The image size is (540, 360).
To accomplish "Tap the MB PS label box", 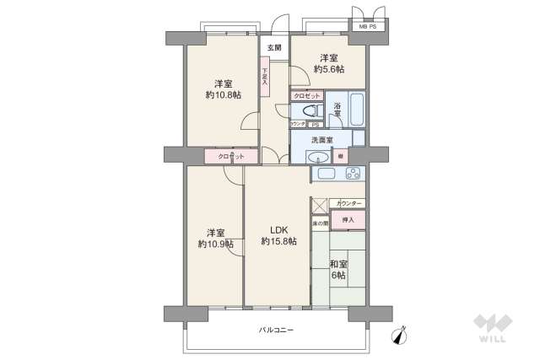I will [x=368, y=26].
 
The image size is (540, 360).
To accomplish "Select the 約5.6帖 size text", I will [x=328, y=69].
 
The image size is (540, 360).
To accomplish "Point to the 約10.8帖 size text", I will [x=223, y=95].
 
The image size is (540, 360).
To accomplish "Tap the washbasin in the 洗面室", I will [x=319, y=157].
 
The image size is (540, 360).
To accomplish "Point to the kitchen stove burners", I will [x=352, y=174].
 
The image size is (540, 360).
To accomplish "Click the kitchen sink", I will [x=325, y=174].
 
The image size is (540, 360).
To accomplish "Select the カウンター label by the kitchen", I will [x=348, y=204].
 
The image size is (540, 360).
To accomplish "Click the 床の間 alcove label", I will [x=320, y=223].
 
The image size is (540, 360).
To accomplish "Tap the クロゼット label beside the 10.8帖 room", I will [x=230, y=157].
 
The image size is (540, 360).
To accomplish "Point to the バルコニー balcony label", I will [x=276, y=330].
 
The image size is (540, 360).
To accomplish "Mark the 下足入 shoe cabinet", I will [x=264, y=78].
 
